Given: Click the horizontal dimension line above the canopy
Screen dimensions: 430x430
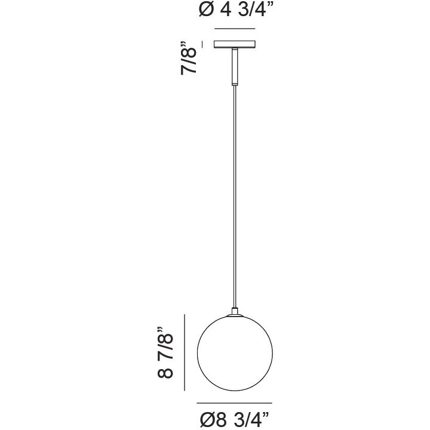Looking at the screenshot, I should pos(235,29).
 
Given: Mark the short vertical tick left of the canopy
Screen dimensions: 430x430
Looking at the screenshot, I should pos(202,44).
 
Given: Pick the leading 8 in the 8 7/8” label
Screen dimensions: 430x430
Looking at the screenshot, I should pos(165,371).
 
